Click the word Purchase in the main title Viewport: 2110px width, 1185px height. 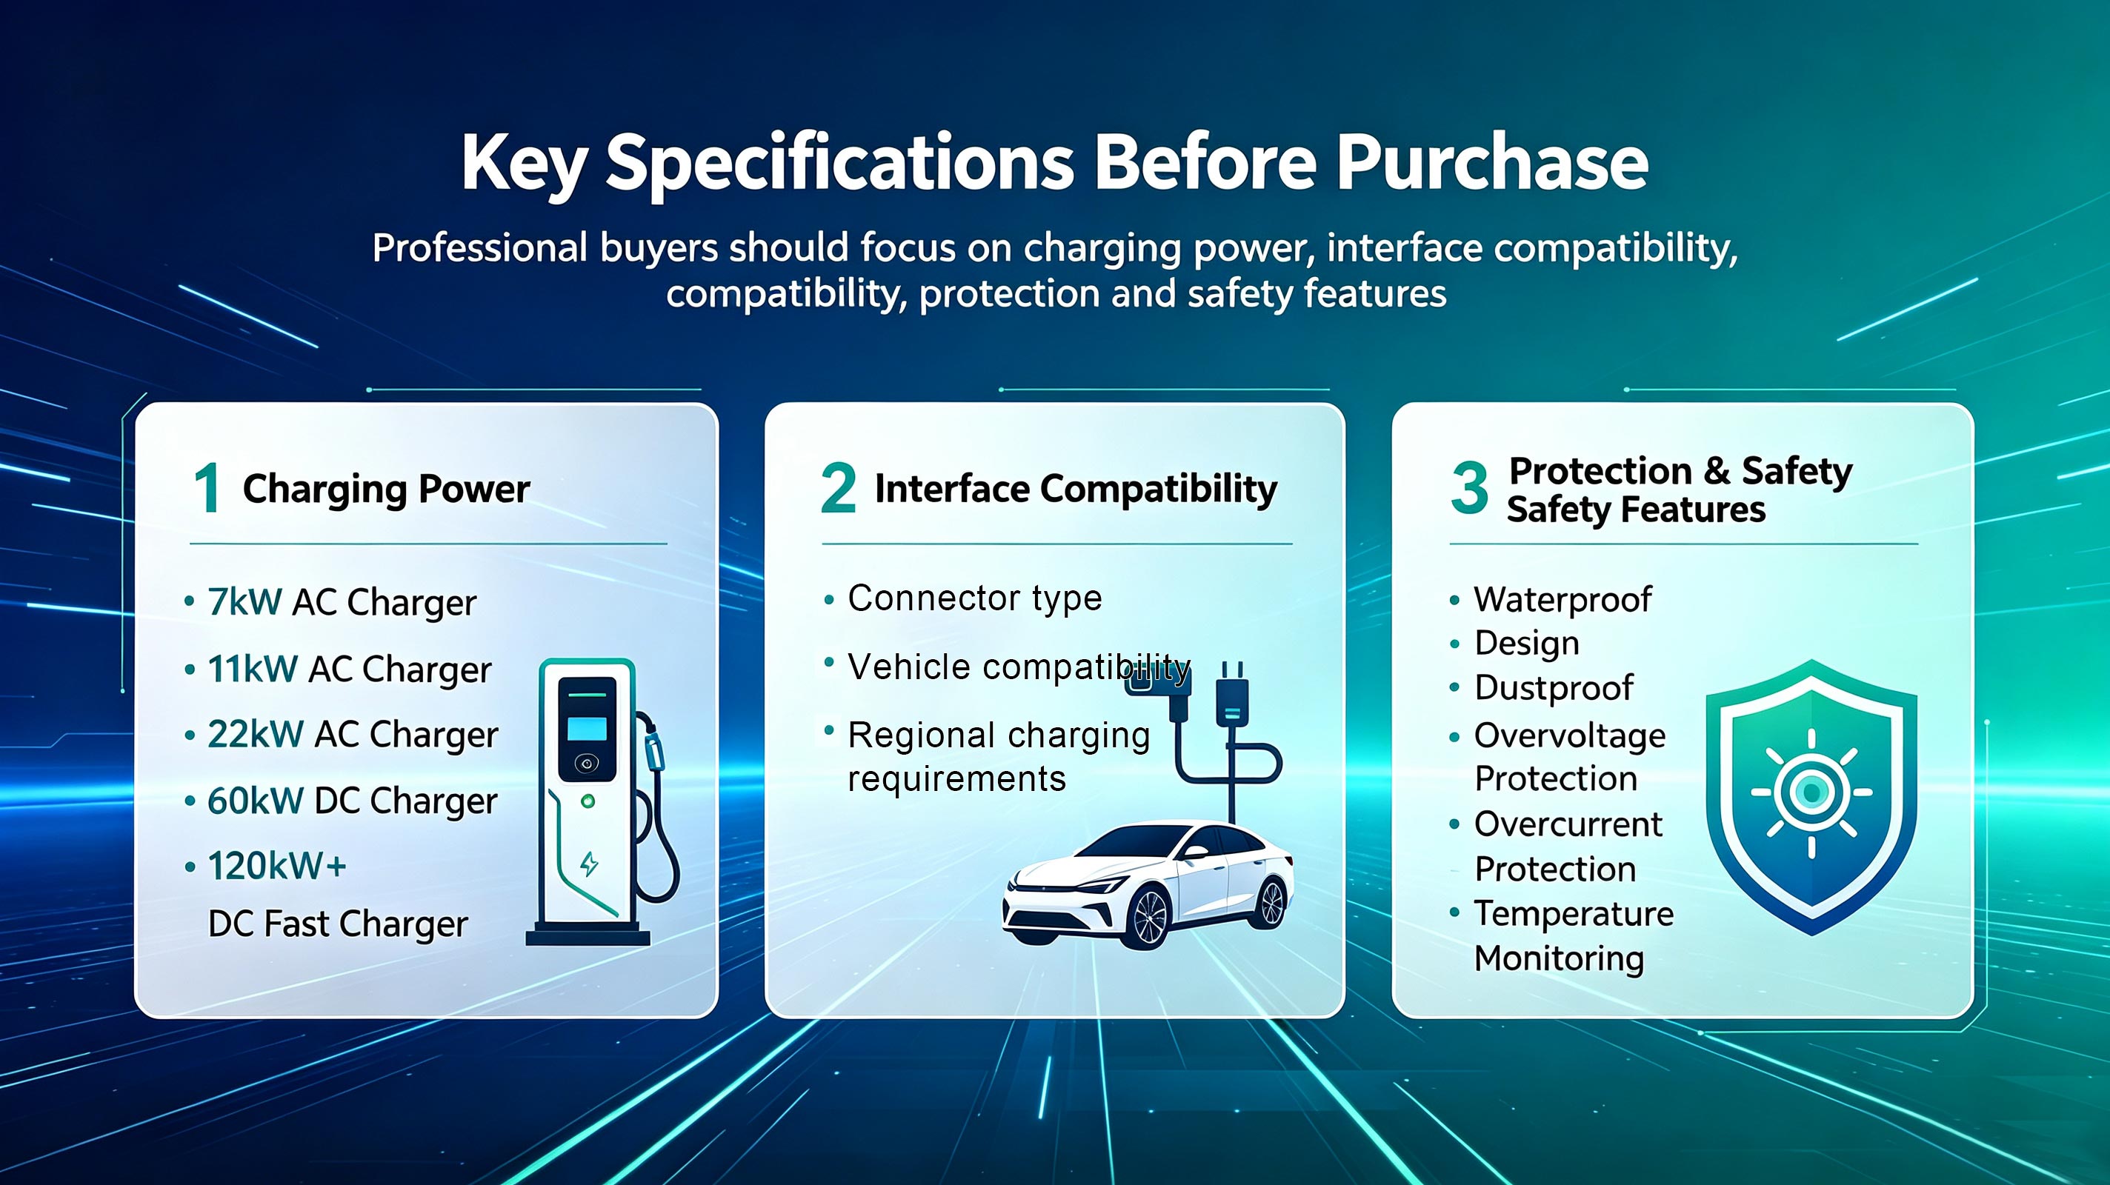(x=1492, y=162)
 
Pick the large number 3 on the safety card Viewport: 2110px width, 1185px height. (x=1469, y=487)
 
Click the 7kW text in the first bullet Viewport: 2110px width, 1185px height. (x=244, y=602)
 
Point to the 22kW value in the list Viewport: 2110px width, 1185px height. (x=256, y=734)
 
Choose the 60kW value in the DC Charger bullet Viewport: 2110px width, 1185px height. (x=256, y=800)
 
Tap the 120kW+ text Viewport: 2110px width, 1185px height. (x=277, y=866)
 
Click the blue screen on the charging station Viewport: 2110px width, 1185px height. (x=588, y=728)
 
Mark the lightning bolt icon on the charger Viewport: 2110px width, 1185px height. (x=589, y=864)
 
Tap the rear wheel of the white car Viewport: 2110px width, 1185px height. (x=1271, y=903)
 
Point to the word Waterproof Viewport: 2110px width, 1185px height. (x=1562, y=599)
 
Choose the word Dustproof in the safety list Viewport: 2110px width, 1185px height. (x=1554, y=688)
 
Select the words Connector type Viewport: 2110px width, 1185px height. (x=975, y=598)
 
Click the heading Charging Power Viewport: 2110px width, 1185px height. (x=387, y=490)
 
